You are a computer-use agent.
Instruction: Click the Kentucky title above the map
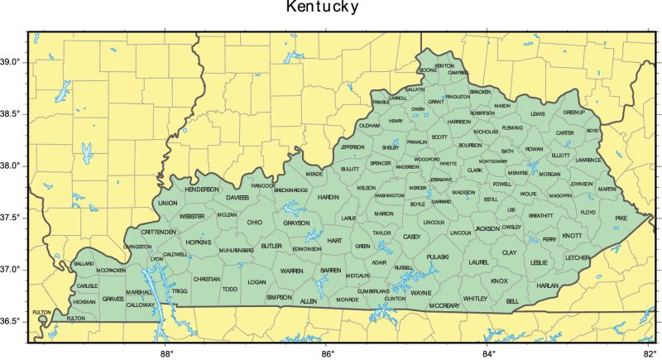click(323, 8)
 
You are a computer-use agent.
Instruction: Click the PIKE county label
click(621, 218)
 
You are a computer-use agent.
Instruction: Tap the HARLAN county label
click(548, 286)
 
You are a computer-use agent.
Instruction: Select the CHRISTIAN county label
click(206, 279)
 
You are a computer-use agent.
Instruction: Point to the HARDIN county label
click(329, 198)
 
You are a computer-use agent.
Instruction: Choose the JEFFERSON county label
click(353, 147)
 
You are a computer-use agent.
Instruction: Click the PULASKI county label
click(437, 257)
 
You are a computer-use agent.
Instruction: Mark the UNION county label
click(168, 203)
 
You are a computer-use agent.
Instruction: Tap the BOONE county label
click(428, 71)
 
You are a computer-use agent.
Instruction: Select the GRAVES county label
click(113, 299)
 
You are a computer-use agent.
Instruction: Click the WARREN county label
click(291, 271)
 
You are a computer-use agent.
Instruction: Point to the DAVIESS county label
click(237, 199)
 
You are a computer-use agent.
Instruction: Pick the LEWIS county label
click(539, 113)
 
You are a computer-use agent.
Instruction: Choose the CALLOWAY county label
click(141, 305)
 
